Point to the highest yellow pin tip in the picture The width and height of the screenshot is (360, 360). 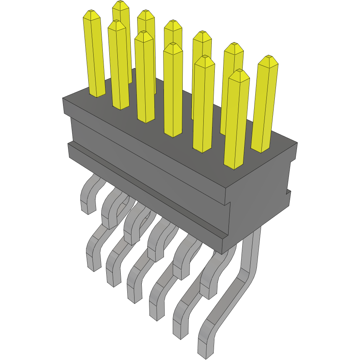121,5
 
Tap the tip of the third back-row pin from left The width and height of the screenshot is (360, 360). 173,25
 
